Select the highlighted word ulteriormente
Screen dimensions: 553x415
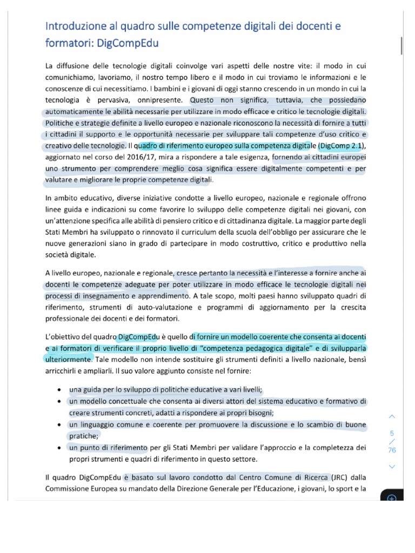(69, 359)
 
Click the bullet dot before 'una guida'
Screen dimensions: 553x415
(58, 390)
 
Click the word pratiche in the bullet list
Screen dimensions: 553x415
(83, 436)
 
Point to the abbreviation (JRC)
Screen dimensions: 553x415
(339, 477)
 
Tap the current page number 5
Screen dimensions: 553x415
(392, 433)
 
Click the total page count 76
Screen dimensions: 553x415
(392, 450)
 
